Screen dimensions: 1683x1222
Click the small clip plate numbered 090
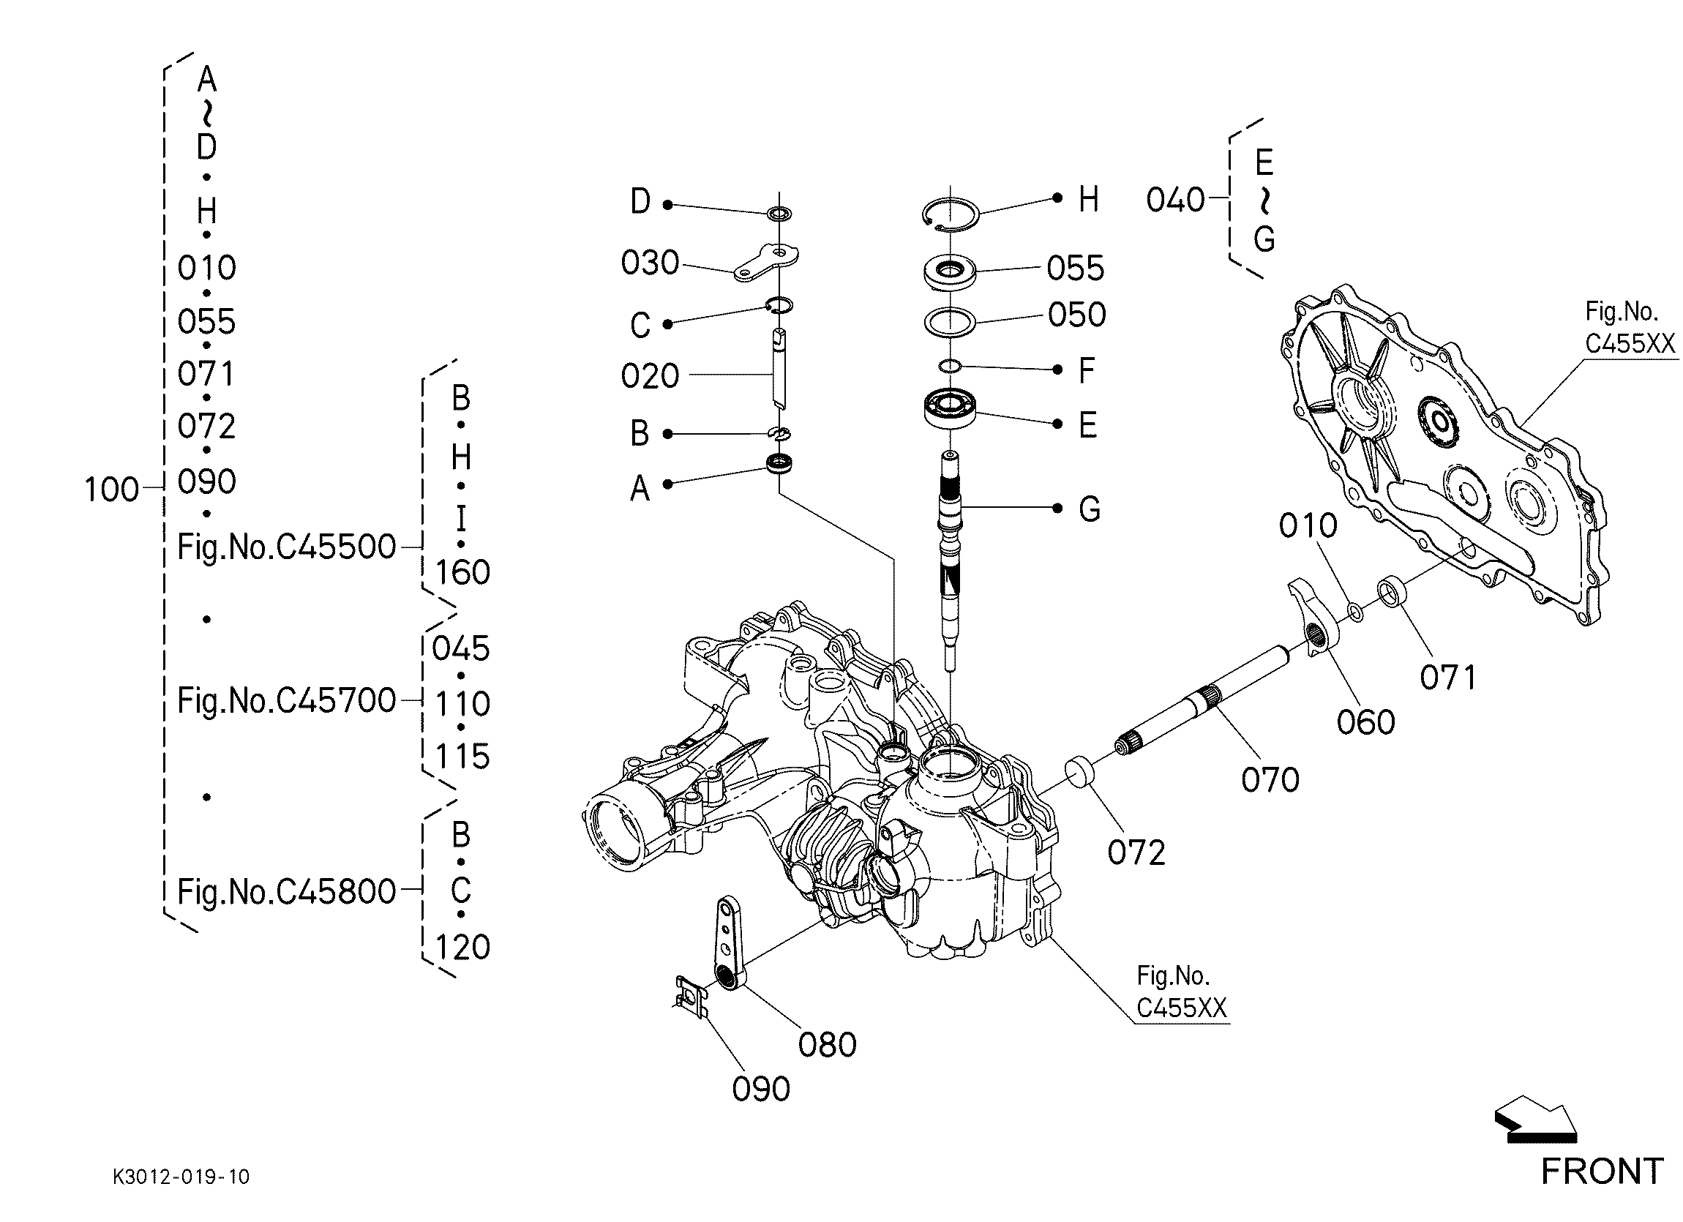(691, 997)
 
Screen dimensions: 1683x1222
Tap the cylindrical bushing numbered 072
(1082, 771)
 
